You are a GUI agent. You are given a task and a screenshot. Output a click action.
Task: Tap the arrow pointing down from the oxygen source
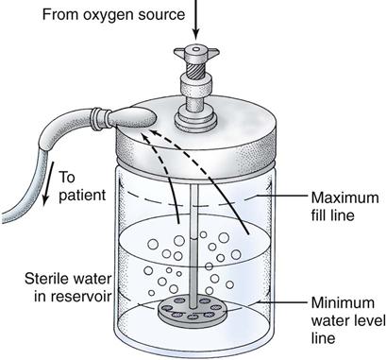(195, 19)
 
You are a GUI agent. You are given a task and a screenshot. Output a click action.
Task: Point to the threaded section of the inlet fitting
(196, 70)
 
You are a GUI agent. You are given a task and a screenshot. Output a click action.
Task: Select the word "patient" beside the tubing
(82, 196)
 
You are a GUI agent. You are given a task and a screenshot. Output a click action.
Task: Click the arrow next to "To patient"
(48, 183)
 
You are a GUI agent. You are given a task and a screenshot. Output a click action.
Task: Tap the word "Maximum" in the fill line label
(345, 198)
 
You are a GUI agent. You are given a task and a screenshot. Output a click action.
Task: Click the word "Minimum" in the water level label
(343, 303)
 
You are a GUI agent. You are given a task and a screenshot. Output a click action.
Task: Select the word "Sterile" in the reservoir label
(45, 279)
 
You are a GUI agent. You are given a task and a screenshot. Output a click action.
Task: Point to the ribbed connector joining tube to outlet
(100, 118)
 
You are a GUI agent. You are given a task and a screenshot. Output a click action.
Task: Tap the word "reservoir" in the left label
(73, 297)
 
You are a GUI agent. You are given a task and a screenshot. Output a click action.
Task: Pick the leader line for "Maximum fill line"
(281, 197)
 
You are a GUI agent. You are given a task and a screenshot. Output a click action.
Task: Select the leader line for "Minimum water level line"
(282, 301)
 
